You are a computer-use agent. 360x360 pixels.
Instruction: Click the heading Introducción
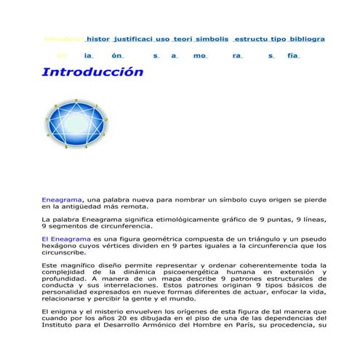click(92, 72)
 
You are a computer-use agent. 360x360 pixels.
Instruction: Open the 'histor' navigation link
click(103, 38)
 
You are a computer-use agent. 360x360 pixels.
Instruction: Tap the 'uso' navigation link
click(183, 38)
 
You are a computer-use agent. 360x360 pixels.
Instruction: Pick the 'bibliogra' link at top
click(306, 38)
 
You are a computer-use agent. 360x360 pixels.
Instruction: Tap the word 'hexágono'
click(61, 246)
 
